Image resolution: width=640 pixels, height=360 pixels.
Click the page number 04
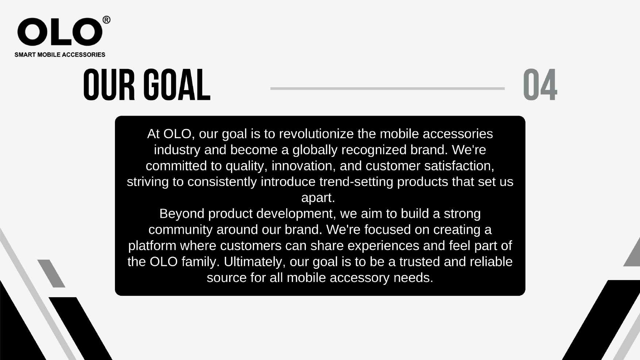pos(540,85)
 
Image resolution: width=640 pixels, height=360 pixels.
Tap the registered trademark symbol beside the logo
pos(106,20)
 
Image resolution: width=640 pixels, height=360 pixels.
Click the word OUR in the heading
pos(109,85)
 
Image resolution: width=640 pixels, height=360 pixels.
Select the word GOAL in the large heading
pos(177,85)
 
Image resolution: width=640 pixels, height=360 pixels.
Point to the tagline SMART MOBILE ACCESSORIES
pos(60,55)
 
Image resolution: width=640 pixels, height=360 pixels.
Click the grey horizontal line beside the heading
pos(388,88)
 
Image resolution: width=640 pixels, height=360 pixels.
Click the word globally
pos(315,150)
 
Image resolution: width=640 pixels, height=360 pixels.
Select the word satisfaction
pos(459,166)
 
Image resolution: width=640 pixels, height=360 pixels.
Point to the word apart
pos(318,198)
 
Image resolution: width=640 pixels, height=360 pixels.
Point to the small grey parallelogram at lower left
pos(51,274)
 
